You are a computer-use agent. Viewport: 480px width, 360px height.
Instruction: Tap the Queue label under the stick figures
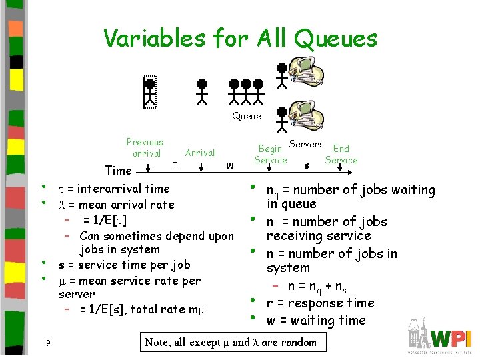pyautogui.click(x=246, y=116)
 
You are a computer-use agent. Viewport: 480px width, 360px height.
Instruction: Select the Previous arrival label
pyautogui.click(x=145, y=147)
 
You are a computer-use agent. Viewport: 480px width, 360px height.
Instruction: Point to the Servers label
pyautogui.click(x=306, y=144)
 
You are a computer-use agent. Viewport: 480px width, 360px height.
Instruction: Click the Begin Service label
pyautogui.click(x=271, y=155)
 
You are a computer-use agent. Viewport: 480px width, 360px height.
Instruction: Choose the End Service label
pyautogui.click(x=341, y=154)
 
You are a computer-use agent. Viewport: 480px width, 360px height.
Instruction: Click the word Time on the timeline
pyautogui.click(x=119, y=171)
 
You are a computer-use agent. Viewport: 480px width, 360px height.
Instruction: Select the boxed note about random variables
pyautogui.click(x=231, y=343)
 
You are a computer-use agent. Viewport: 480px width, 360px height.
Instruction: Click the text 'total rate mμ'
pyautogui.click(x=166, y=309)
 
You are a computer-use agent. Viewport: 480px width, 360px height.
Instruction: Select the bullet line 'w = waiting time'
pyautogui.click(x=316, y=321)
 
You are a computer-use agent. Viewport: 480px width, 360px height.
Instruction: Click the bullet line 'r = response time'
pyautogui.click(x=320, y=303)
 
